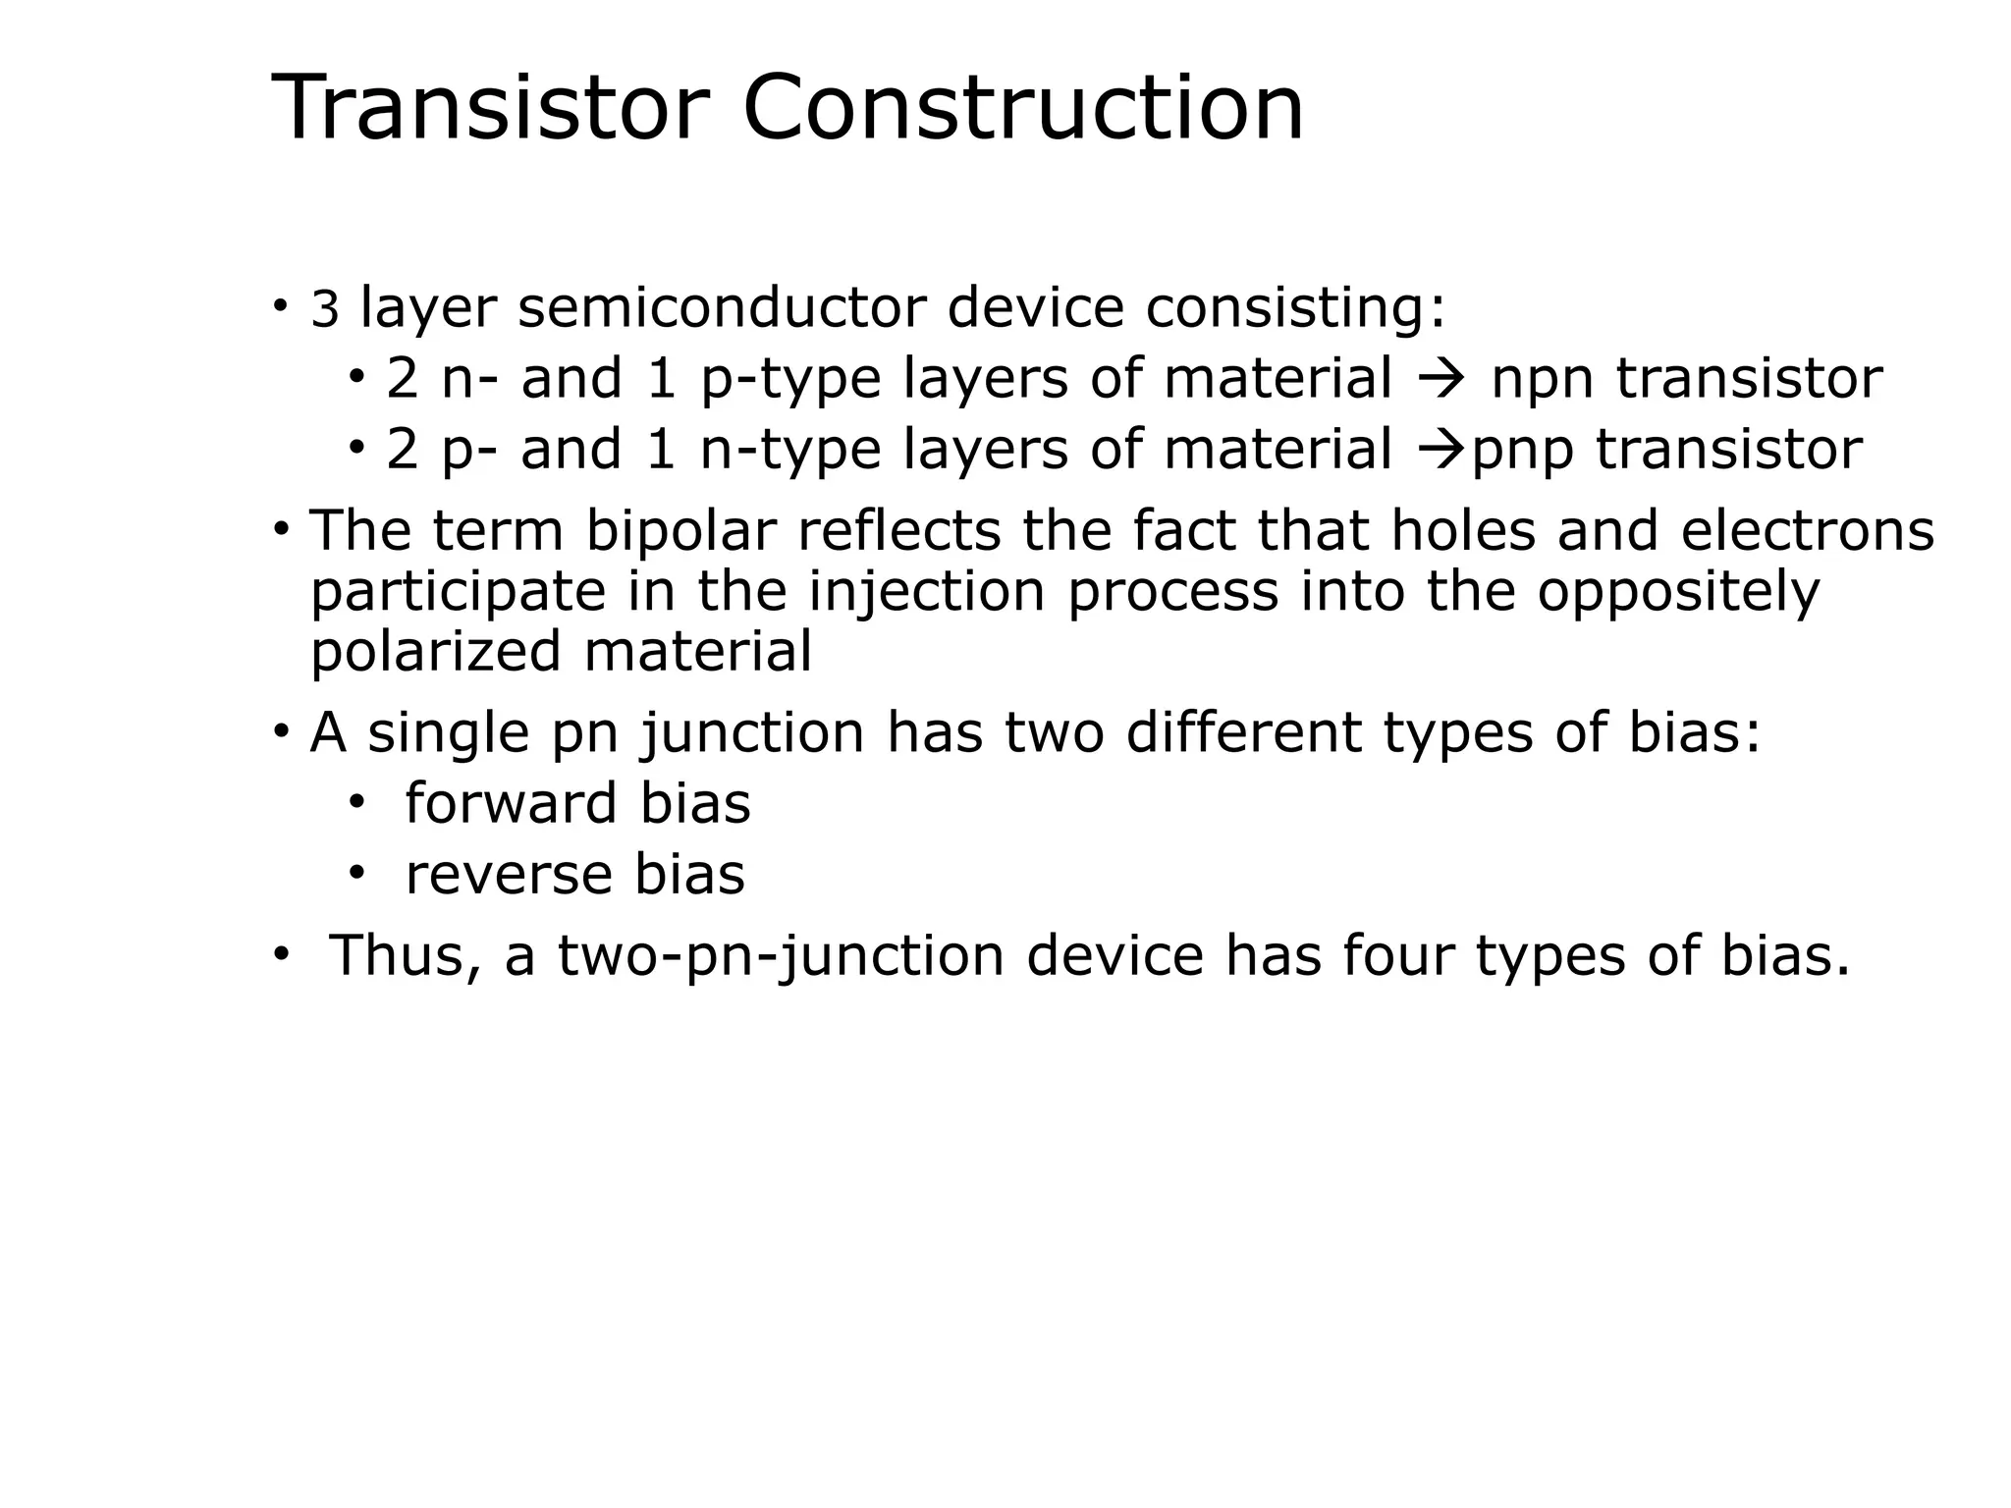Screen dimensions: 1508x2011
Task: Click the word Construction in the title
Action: tap(1023, 108)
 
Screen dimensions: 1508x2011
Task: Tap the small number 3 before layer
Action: tap(324, 310)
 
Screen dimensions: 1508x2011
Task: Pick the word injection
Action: tap(927, 592)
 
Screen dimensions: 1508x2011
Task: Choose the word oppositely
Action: tap(1678, 594)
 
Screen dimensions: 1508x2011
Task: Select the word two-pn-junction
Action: tap(781, 956)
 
